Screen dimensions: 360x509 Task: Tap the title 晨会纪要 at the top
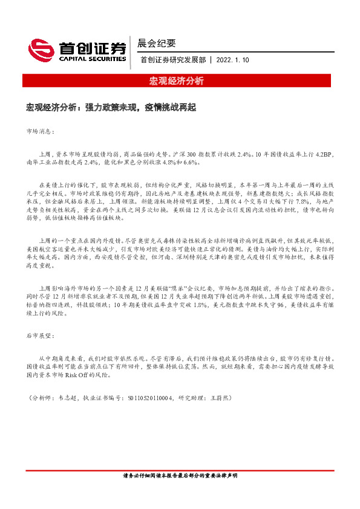coord(157,44)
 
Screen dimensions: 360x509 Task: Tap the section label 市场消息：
coord(41,131)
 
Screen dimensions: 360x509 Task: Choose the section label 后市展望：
coord(41,334)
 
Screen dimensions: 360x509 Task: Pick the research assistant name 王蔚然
coord(220,398)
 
